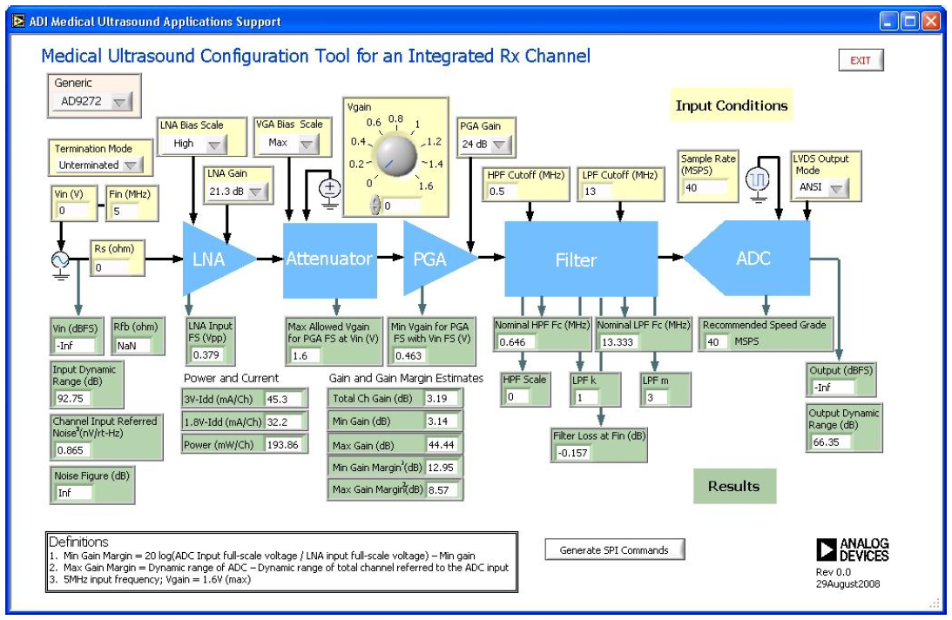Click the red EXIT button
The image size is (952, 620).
861,60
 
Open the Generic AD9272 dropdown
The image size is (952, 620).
91,102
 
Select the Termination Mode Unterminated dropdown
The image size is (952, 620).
98,165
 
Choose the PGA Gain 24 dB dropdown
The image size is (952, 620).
481,145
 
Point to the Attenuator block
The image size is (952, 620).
330,259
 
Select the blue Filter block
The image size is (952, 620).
576,259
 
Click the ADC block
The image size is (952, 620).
753,259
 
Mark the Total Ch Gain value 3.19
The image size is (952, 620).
442,398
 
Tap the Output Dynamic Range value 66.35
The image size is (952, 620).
830,441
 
